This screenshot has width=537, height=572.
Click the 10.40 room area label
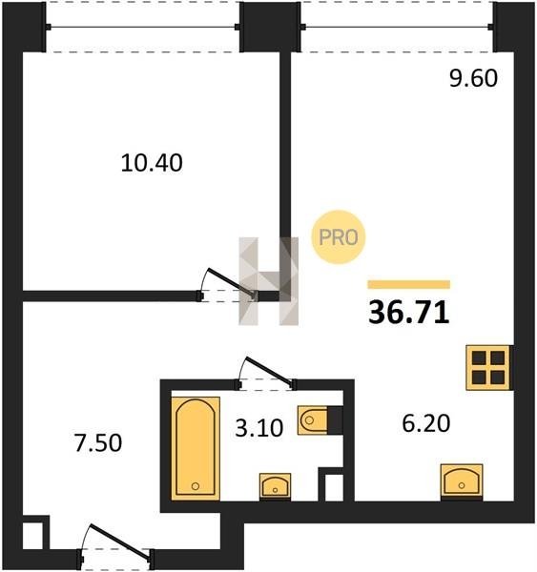pyautogui.click(x=152, y=163)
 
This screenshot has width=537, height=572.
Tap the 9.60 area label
pyautogui.click(x=473, y=78)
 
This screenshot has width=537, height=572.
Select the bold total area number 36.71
pyautogui.click(x=408, y=313)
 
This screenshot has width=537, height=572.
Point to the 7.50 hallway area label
pyautogui.click(x=98, y=443)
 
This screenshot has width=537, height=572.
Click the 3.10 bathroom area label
pyautogui.click(x=259, y=428)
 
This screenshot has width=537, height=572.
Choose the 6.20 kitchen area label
pyautogui.click(x=426, y=423)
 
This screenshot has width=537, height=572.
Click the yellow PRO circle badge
pyautogui.click(x=339, y=237)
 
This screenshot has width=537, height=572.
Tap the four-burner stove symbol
pyautogui.click(x=488, y=368)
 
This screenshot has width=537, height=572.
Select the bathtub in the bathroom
pyautogui.click(x=196, y=448)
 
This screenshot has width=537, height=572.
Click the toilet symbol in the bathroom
pyautogui.click(x=320, y=420)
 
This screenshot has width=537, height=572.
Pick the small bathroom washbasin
pyautogui.click(x=276, y=486)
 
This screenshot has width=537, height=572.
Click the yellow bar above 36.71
pyautogui.click(x=409, y=284)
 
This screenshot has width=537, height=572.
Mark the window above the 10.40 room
pyautogui.click(x=143, y=27)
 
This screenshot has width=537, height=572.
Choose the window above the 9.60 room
pyautogui.click(x=397, y=27)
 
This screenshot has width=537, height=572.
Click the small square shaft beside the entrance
pyautogui.click(x=32, y=536)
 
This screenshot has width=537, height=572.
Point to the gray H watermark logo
pyautogui.click(x=269, y=281)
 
